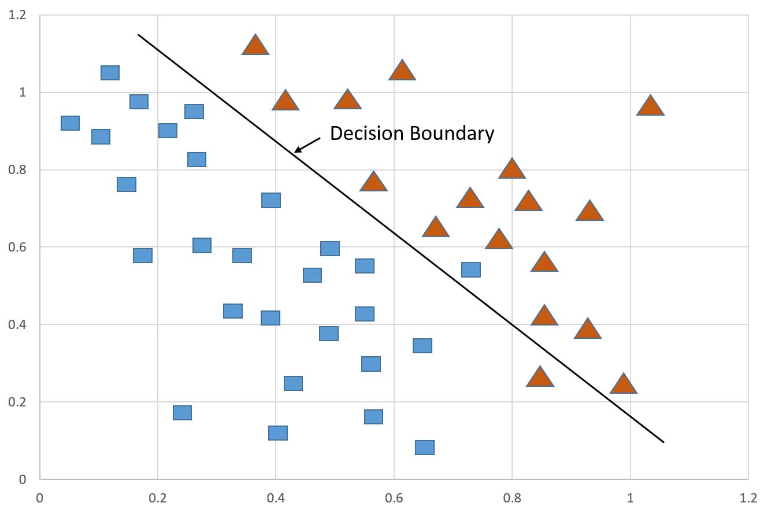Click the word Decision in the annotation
[x=367, y=134]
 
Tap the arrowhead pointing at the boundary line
[x=296, y=151]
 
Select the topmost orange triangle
[x=255, y=46]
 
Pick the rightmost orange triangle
[x=650, y=106]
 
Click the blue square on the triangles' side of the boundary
[x=471, y=269]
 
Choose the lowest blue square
[x=425, y=448]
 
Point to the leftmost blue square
[x=70, y=123]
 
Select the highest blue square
[x=110, y=73]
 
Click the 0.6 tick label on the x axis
[x=394, y=498]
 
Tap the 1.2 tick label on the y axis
[x=17, y=15]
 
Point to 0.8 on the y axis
[x=17, y=170]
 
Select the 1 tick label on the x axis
[x=630, y=498]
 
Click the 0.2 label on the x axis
[x=157, y=498]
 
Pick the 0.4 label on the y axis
[x=17, y=325]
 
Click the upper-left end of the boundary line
[x=138, y=35]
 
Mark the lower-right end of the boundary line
[x=663, y=442]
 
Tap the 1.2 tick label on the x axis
[x=748, y=498]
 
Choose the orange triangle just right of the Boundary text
[x=511, y=169]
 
